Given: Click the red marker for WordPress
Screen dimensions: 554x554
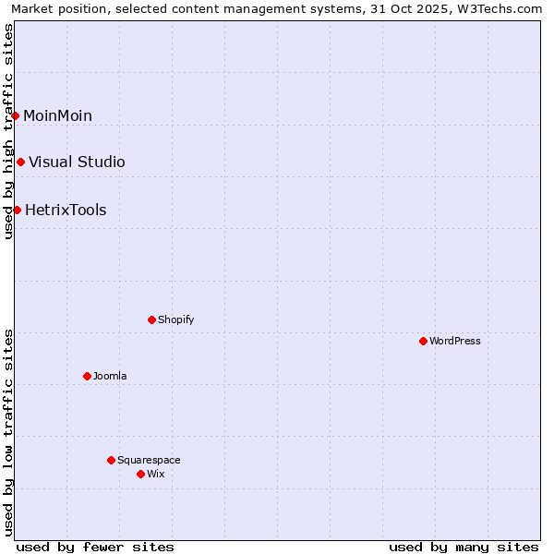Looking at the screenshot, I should [x=423, y=341].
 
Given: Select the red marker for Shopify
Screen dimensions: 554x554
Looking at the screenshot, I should [x=151, y=319].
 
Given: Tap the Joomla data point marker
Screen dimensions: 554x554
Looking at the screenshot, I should [x=87, y=376].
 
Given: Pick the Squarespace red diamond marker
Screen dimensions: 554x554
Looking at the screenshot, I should [x=111, y=460].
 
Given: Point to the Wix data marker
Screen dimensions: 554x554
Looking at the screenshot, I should [x=140, y=474].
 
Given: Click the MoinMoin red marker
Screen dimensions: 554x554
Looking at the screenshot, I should [x=16, y=115].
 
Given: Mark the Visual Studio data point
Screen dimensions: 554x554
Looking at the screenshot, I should [x=20, y=162].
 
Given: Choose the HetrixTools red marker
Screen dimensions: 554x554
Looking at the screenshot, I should [x=17, y=210].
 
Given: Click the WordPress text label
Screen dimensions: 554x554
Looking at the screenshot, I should [x=455, y=341].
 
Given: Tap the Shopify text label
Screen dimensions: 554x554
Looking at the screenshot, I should [x=176, y=319].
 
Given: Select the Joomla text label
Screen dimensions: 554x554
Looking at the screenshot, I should [x=110, y=376].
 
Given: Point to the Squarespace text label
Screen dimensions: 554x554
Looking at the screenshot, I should [x=149, y=460].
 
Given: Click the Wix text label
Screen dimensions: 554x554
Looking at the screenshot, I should [x=156, y=474].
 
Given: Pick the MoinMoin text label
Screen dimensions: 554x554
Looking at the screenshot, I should [x=57, y=115].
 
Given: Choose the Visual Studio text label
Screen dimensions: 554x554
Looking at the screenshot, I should [x=77, y=162].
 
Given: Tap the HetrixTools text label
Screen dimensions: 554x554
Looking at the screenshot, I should [x=66, y=210].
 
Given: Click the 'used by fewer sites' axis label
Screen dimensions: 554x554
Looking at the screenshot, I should [x=95, y=547].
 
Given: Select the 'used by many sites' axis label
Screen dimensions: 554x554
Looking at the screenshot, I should [x=464, y=547].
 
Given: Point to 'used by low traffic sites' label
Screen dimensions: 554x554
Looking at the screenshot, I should [x=8, y=432].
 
